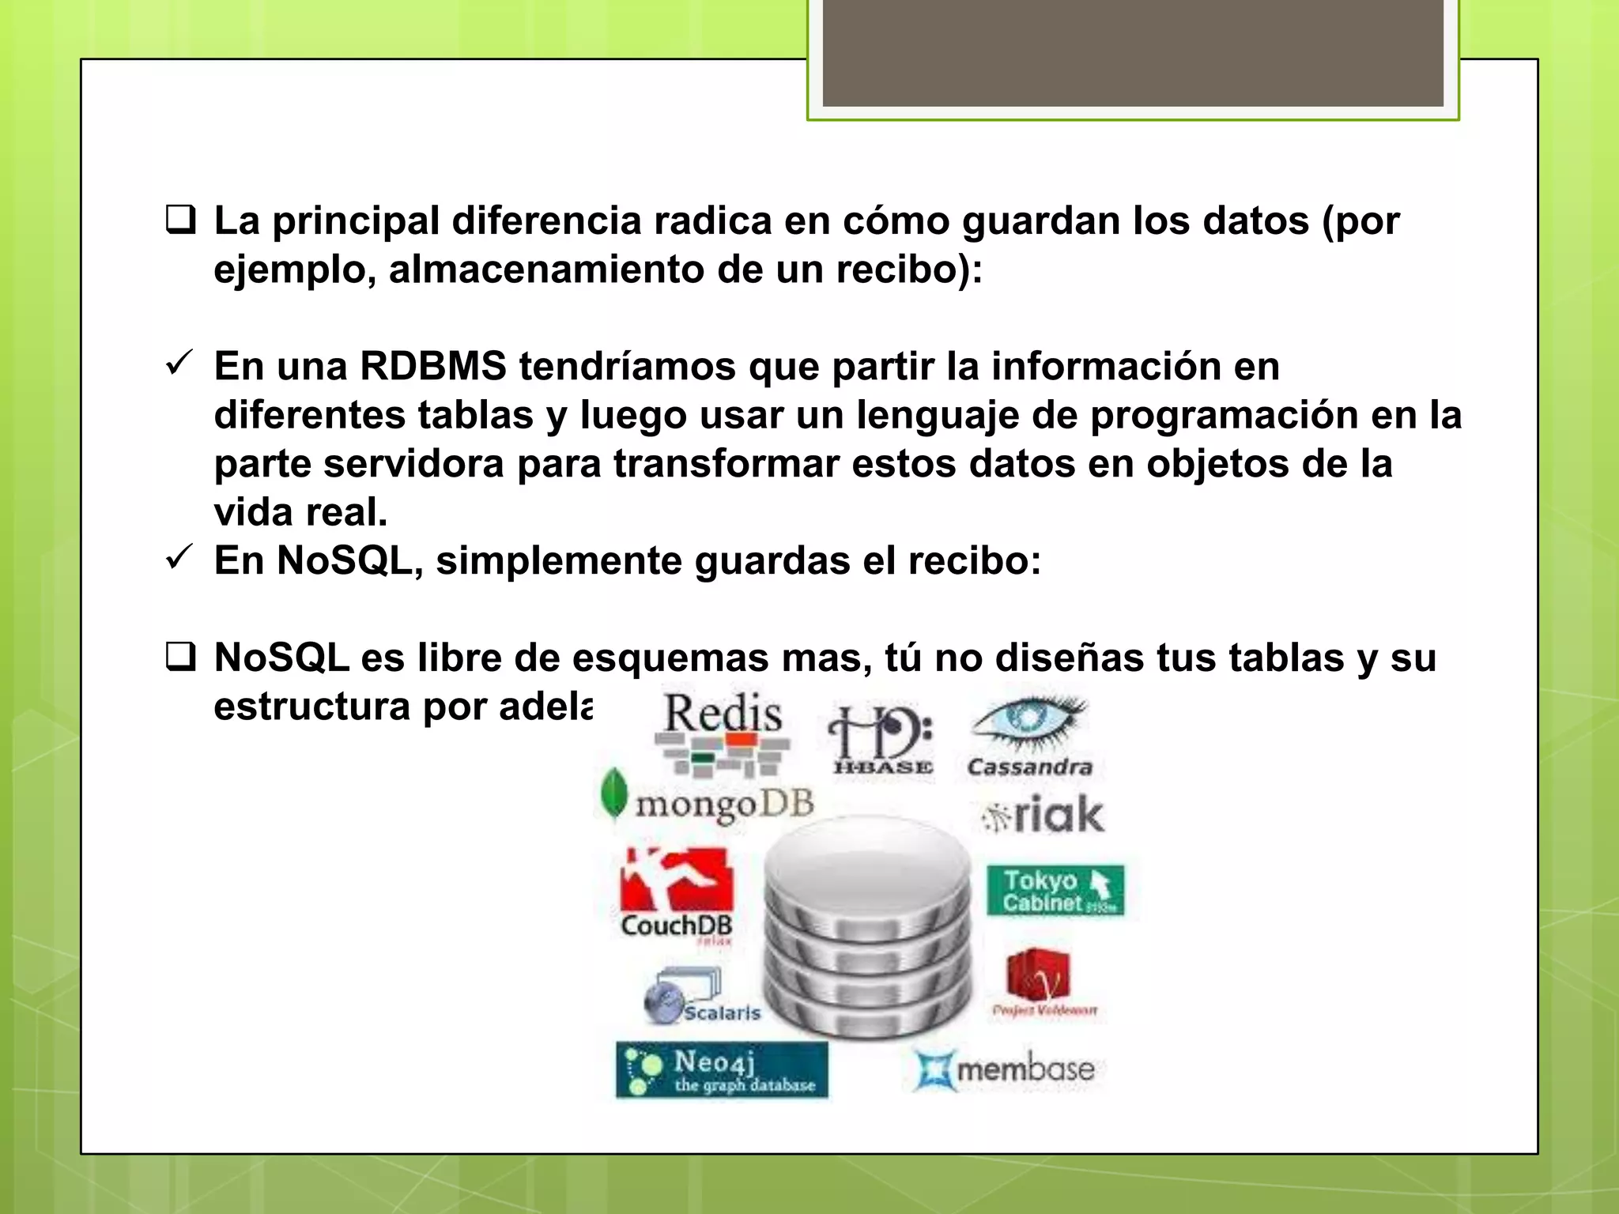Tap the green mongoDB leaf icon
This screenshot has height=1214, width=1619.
click(613, 794)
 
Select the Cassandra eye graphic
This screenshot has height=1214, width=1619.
click(1028, 722)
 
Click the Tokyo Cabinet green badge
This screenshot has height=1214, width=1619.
click(1055, 891)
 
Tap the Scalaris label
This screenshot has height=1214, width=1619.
click(722, 1012)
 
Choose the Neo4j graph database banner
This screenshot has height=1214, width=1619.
click(722, 1070)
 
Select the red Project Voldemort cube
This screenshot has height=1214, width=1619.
click(1037, 975)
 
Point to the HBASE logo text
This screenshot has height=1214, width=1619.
click(883, 767)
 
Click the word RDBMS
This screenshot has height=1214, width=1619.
click(433, 366)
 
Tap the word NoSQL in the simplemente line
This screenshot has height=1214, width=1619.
click(344, 560)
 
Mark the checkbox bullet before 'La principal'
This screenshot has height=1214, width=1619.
click(180, 220)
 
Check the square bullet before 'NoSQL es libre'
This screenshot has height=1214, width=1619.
click(180, 658)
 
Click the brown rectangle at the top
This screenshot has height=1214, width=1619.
click(1133, 53)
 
